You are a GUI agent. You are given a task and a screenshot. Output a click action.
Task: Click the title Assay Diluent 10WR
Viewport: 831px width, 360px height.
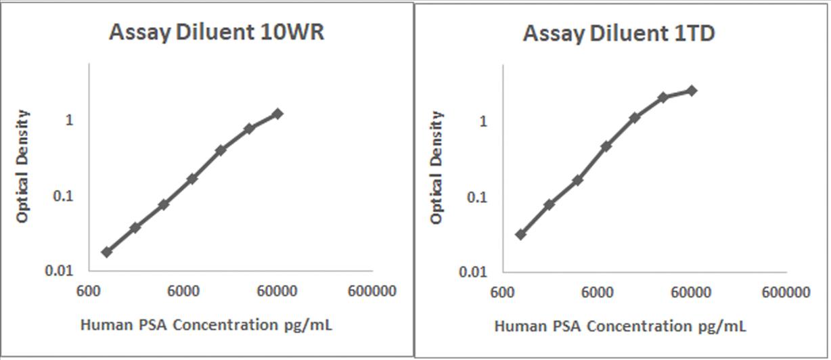[x=217, y=32]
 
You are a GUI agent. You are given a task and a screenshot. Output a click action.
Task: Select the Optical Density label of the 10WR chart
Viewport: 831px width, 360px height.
[x=23, y=166]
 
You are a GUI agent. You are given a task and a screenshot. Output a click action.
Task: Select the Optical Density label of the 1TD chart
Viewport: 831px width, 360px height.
[x=437, y=168]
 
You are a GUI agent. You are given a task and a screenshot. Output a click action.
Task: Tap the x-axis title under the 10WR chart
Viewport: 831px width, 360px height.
[x=206, y=325]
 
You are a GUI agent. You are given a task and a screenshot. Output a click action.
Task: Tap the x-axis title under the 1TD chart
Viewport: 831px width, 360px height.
[x=621, y=326]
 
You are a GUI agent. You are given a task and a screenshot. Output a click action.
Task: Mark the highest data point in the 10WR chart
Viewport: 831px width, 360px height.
[x=277, y=114]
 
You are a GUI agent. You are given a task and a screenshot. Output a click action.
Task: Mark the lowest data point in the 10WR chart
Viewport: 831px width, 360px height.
[x=107, y=252]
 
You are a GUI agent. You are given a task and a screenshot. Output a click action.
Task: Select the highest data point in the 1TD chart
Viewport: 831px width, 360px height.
[x=692, y=91]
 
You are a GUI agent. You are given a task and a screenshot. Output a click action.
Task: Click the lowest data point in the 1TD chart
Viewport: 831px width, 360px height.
[x=520, y=234]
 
